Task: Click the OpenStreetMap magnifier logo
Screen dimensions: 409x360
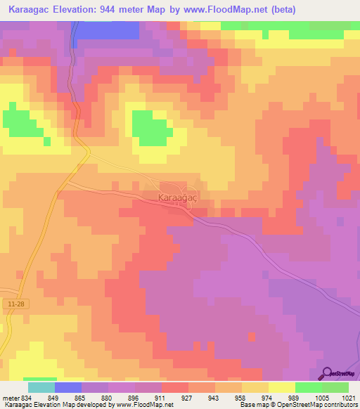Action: pos(328,374)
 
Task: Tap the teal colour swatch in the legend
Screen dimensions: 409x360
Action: pos(41,387)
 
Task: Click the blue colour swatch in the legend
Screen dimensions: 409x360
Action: pos(67,387)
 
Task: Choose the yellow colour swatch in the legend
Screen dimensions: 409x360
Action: pos(281,387)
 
